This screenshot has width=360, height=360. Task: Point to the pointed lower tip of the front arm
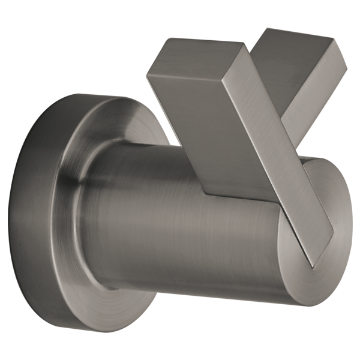pos(314,265)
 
